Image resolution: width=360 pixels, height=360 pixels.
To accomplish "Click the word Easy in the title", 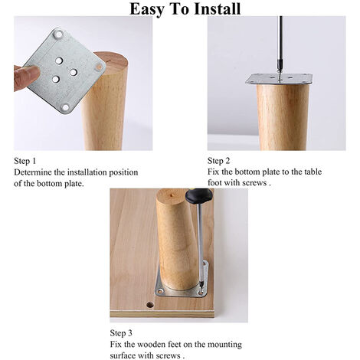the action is [x=147, y=9].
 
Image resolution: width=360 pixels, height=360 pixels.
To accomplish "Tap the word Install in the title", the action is [x=218, y=8].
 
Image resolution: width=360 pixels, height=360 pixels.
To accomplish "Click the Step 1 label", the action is [x=25, y=161].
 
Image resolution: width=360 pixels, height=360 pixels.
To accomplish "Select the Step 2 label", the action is [x=218, y=161].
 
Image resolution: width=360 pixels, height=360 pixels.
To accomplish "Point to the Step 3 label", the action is [x=121, y=333].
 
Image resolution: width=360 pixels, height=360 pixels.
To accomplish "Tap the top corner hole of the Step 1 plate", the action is [x=59, y=34].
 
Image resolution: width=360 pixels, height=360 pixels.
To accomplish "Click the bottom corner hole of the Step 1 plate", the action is [x=66, y=107].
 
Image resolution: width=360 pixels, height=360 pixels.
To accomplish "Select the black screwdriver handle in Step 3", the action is [x=199, y=195].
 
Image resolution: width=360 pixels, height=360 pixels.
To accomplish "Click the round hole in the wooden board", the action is [x=150, y=305].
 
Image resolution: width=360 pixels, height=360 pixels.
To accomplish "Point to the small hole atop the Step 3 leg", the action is [x=172, y=195].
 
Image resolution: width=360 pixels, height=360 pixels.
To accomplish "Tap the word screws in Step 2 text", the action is [x=254, y=183].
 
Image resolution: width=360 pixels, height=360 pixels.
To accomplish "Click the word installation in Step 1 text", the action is [x=87, y=172].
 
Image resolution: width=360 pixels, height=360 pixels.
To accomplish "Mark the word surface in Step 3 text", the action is [x=123, y=355].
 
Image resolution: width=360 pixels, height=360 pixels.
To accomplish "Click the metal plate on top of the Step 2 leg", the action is [x=279, y=80].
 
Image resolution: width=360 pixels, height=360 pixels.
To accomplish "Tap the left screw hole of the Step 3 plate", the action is [x=160, y=291].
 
